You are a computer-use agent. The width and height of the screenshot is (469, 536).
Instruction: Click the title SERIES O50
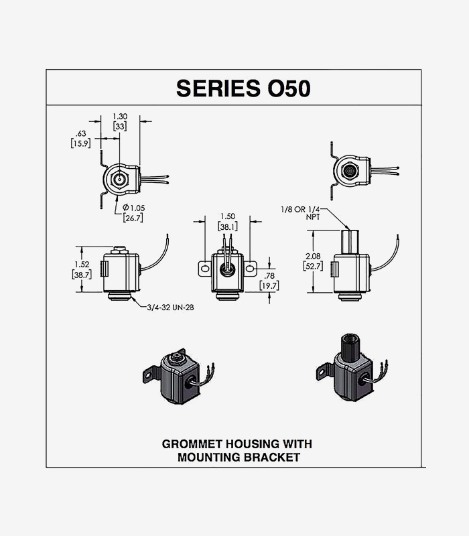[x=243, y=88]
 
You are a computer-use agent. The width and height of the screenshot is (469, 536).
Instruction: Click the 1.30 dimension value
[x=121, y=117]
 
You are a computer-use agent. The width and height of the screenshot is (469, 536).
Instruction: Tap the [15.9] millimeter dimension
[x=80, y=144]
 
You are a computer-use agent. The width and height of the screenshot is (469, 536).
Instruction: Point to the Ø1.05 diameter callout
[x=133, y=206]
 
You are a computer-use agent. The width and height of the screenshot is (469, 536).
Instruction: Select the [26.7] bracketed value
[x=133, y=217]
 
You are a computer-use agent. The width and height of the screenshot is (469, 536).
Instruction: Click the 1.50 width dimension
[x=227, y=216]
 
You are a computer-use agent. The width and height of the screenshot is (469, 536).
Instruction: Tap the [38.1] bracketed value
[x=227, y=226]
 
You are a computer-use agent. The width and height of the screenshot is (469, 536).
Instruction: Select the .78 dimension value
[x=269, y=275]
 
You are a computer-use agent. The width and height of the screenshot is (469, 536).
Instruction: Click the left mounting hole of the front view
[x=204, y=269]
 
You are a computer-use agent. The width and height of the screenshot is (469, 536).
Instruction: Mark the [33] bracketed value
[x=121, y=127]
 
